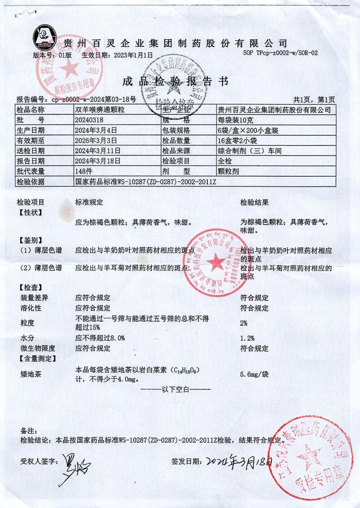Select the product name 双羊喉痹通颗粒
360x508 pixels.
pyautogui.click(x=101, y=110)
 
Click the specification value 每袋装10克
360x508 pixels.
pyautogui.click(x=234, y=120)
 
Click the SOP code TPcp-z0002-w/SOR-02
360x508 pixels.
pyautogui.click(x=280, y=53)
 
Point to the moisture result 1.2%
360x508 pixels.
pyautogui.click(x=247, y=338)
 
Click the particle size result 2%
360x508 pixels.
pyautogui.click(x=244, y=323)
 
